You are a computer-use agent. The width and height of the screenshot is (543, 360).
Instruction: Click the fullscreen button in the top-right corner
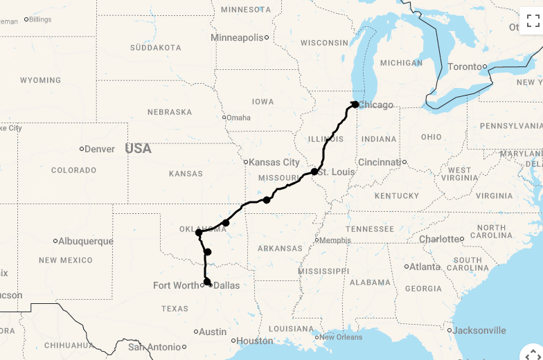[x=533, y=20]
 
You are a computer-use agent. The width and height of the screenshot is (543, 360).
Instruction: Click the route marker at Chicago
[x=355, y=105]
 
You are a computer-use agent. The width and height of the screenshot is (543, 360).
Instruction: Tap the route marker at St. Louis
[x=314, y=171]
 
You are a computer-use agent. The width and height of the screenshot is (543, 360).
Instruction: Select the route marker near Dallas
[x=206, y=281]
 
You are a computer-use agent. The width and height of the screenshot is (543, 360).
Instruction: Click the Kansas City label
[x=274, y=162]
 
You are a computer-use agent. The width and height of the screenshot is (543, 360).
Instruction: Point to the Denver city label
[x=100, y=149]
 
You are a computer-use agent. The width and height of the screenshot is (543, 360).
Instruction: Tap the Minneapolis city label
[x=237, y=37]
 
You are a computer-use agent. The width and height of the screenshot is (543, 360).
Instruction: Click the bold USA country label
[x=138, y=148]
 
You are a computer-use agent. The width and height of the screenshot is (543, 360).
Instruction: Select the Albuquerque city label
[x=86, y=241]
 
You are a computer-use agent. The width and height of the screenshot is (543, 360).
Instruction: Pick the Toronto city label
[x=466, y=67]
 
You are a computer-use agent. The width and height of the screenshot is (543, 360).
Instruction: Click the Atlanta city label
[x=425, y=267]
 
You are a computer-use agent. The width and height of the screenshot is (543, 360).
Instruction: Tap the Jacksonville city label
[x=480, y=330]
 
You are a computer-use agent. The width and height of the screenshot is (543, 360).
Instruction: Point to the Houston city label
[x=254, y=341]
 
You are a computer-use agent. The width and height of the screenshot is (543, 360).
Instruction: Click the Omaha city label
[x=239, y=118]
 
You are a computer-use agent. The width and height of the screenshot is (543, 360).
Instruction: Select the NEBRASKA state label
[x=170, y=112]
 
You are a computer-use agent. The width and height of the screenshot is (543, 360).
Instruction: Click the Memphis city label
[x=335, y=240]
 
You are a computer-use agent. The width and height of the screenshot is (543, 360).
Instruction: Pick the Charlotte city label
[x=440, y=240]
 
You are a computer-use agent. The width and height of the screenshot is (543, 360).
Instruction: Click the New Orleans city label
[x=341, y=337]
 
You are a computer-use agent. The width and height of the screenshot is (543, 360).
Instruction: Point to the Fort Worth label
[x=176, y=285]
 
